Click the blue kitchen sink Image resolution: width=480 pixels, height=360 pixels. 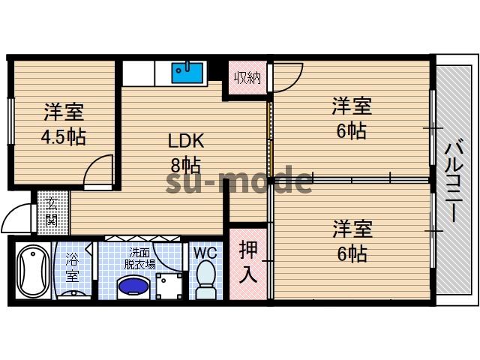(187, 73)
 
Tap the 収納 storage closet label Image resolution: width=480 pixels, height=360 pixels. (247, 76)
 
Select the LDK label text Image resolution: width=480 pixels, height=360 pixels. (186, 140)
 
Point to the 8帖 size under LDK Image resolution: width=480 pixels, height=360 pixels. (184, 165)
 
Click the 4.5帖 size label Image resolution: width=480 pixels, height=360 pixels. (62, 137)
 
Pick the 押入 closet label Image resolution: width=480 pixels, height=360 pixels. (247, 262)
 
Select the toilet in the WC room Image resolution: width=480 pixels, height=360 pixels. (205, 280)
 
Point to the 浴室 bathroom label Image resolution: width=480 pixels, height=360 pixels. (72, 268)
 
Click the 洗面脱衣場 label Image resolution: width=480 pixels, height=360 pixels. (141, 258)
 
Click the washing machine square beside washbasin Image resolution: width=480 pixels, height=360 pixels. (169, 285)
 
